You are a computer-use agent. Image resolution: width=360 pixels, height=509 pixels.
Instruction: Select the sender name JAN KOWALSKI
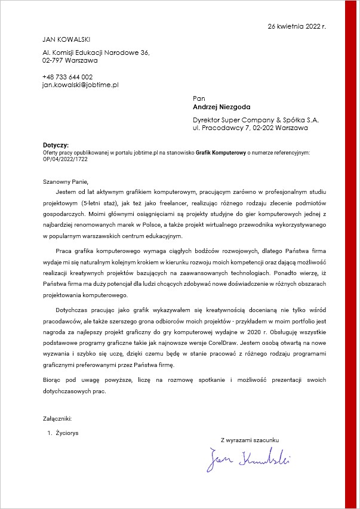tap(66, 39)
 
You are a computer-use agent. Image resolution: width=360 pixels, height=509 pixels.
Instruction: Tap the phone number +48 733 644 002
tap(67, 77)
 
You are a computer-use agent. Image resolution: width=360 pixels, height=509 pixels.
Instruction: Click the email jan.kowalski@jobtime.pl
tap(81, 85)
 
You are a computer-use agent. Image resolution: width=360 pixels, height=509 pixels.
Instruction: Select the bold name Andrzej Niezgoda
tap(221, 107)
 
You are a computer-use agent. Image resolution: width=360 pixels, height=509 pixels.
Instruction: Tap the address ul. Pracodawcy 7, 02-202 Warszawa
tap(250, 128)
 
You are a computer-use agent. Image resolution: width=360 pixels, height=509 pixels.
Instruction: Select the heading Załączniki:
tap(57, 419)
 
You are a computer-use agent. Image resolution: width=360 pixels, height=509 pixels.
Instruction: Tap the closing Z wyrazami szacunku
tap(250, 440)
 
